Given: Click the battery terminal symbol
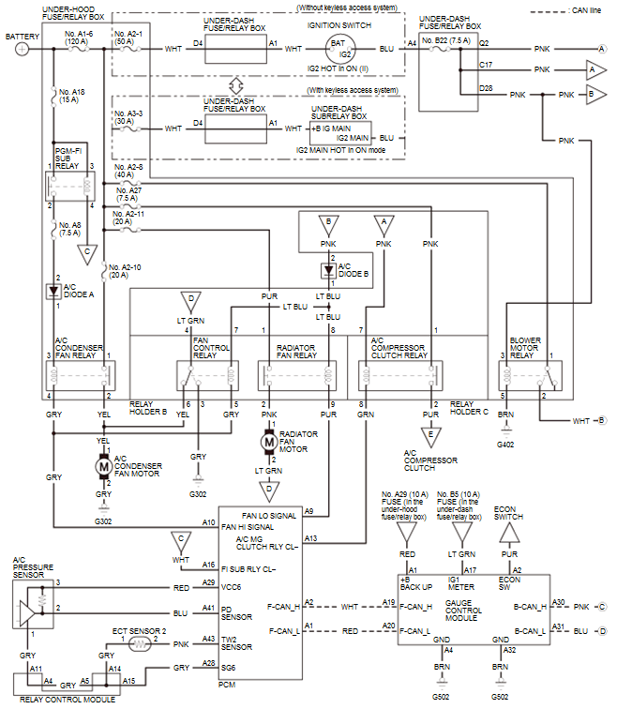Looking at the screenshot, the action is click(22, 49).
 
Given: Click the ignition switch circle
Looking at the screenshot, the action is click(340, 49).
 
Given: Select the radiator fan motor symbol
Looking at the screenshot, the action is click(269, 442).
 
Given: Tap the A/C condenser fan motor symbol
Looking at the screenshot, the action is click(103, 466).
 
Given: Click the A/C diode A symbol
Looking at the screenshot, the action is click(53, 291).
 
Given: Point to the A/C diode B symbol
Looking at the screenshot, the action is click(328, 271).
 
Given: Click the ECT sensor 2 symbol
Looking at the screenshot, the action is click(140, 644).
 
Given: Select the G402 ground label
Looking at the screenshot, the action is click(505, 445).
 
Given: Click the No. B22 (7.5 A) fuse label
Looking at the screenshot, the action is click(446, 40).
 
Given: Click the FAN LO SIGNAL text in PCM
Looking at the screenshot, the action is click(269, 516).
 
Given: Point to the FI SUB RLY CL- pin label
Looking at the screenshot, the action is click(248, 569).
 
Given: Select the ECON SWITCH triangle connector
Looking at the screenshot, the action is click(509, 533).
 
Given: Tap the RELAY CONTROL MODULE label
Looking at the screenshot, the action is click(68, 700).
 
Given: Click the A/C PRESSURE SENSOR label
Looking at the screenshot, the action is click(33, 567).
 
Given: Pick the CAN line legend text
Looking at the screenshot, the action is click(586, 10).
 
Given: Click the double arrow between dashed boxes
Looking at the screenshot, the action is click(236, 85).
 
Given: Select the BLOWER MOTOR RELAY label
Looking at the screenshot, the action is click(525, 348).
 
